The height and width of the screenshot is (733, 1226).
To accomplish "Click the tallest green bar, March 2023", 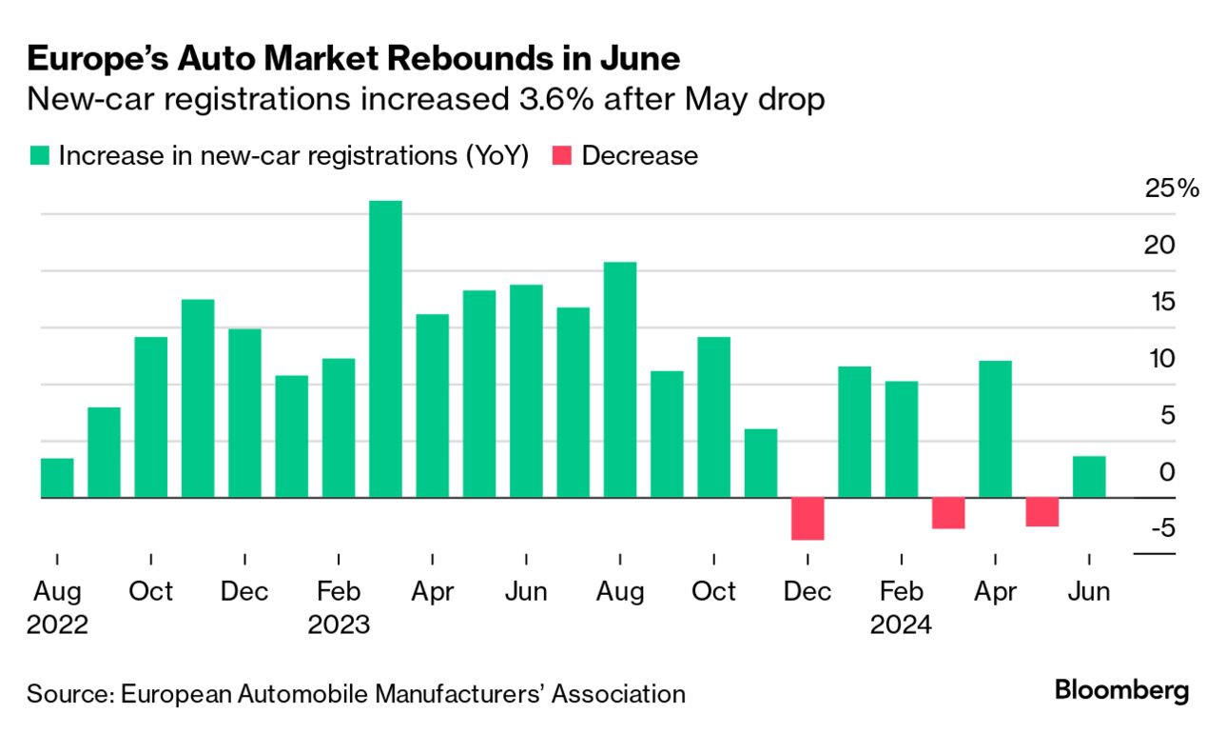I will click(x=385, y=348).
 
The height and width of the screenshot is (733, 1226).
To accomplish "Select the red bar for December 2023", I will click(x=808, y=519).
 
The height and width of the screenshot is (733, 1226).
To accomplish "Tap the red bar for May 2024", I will click(x=1042, y=512).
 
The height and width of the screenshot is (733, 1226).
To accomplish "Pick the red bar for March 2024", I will click(x=948, y=513).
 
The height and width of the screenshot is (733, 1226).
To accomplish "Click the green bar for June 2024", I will click(x=1089, y=477).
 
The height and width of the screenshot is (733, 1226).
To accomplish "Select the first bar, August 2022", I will click(x=57, y=478).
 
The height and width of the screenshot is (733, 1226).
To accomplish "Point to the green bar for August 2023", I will click(x=620, y=380).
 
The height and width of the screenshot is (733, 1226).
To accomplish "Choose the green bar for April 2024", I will click(x=995, y=429).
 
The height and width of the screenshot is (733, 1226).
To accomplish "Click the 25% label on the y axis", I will click(x=1173, y=188).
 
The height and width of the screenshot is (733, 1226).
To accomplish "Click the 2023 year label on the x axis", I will click(x=339, y=625).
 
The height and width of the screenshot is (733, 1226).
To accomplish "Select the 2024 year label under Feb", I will click(x=901, y=625).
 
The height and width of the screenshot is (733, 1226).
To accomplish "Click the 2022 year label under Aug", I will click(x=57, y=625).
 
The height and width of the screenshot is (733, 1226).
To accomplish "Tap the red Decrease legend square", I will click(x=562, y=156).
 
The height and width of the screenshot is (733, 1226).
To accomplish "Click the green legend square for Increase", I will click(x=39, y=156).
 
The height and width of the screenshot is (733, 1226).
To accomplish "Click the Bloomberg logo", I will click(x=1121, y=691).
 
